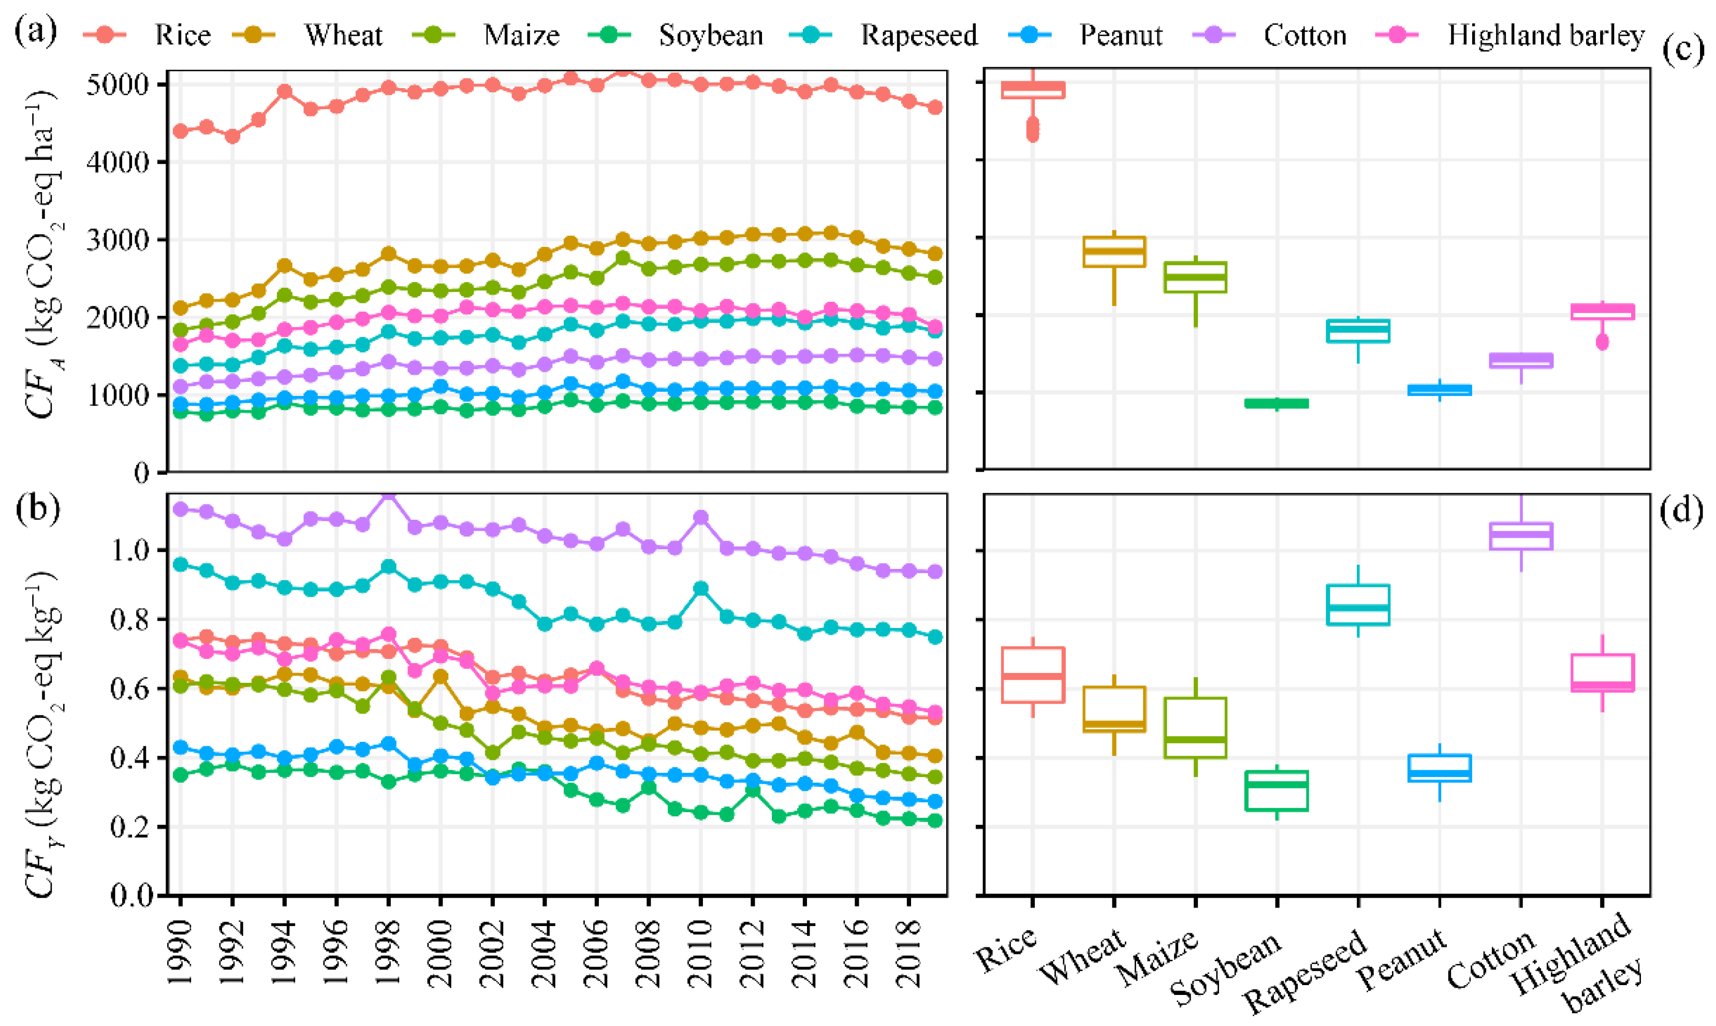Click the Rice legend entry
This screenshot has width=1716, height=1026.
[146, 35]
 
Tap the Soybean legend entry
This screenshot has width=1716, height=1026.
[676, 35]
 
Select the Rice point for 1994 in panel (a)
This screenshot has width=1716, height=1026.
[284, 91]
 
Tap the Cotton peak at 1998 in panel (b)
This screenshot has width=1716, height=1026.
[389, 496]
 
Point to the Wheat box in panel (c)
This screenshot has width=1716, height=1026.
[1114, 252]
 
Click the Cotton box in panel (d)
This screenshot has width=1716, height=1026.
[1521, 536]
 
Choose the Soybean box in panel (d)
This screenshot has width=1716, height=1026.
[1277, 790]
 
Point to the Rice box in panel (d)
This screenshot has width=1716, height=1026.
[1032, 675]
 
